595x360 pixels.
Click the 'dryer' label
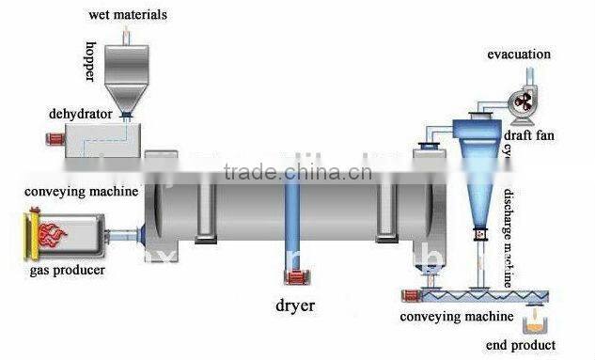pyautogui.click(x=295, y=305)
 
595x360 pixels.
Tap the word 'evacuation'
pyautogui.click(x=518, y=54)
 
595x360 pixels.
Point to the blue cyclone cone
pyautogui.click(x=480, y=174)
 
